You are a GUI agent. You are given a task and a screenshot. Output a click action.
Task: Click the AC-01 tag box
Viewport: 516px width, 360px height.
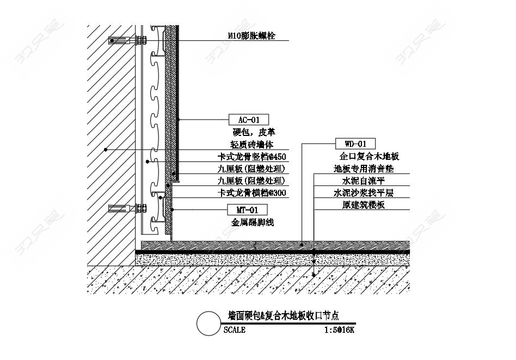[x=248, y=120]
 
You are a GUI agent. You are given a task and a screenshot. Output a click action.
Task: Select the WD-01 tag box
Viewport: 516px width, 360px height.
[x=355, y=144]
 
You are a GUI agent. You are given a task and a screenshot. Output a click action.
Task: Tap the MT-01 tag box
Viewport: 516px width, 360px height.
[x=247, y=210]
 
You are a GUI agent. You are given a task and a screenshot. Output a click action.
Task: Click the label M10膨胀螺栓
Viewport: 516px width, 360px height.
[x=251, y=36]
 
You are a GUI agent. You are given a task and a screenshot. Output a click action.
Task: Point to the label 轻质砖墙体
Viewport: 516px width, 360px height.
[x=252, y=144]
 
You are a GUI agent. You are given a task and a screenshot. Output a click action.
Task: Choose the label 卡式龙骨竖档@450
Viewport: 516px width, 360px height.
[x=252, y=157]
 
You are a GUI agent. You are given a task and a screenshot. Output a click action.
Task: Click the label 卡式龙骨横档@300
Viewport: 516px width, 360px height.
[x=252, y=193]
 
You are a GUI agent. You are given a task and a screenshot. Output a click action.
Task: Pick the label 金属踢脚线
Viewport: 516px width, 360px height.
[x=253, y=222]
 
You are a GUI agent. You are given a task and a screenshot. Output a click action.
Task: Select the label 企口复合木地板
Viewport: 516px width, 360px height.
[x=369, y=156]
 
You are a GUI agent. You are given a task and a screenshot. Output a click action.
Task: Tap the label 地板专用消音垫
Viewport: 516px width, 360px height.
[x=364, y=169]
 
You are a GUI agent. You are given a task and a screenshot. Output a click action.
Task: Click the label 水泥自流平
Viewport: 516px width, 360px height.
[x=364, y=181]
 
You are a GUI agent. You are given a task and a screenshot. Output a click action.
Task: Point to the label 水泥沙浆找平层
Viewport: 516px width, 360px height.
[x=364, y=193]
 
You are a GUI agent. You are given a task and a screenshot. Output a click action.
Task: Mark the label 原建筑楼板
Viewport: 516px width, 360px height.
[x=364, y=205]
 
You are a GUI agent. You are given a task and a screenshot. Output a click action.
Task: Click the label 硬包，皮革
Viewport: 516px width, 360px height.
[x=254, y=132]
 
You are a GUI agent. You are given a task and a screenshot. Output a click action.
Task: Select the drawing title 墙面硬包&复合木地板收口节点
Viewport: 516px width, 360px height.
[x=284, y=316]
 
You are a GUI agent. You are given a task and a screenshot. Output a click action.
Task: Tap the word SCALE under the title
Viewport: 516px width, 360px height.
[x=234, y=330]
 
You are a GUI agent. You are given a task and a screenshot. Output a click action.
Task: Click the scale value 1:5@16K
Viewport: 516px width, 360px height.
[x=339, y=330]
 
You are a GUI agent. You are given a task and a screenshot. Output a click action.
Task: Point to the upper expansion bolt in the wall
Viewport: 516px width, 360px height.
[x=127, y=41]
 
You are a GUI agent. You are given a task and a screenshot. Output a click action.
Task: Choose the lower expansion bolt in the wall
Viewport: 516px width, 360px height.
[x=127, y=208]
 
